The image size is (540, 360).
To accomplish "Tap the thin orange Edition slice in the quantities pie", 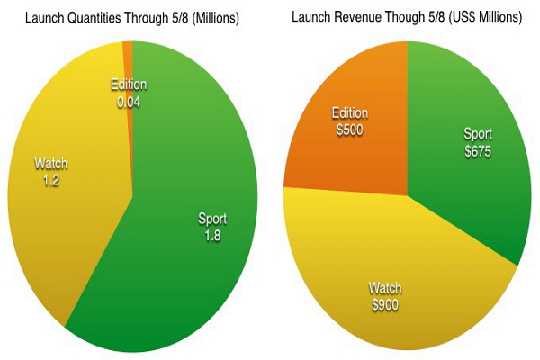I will pos(129,54).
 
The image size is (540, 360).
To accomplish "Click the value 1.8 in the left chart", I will pos(212,236).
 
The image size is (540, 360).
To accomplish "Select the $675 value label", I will pos(477,151).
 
